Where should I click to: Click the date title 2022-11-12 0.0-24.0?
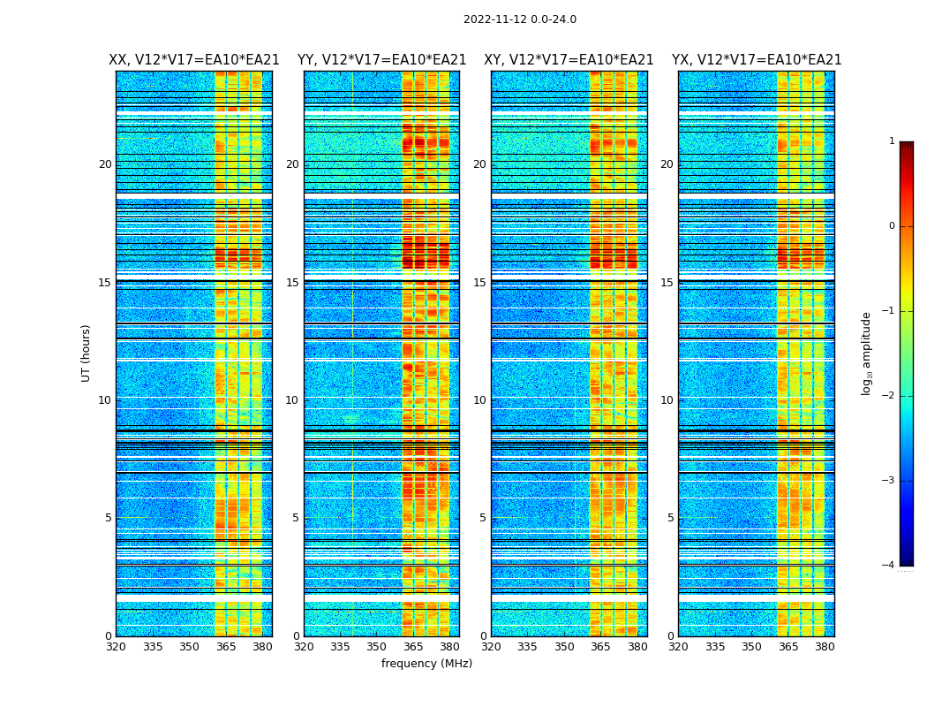pyautogui.click(x=519, y=19)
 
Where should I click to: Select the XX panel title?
pyautogui.click(x=194, y=60)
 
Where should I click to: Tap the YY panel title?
pyautogui.click(x=381, y=60)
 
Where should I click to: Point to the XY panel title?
pyautogui.click(x=569, y=60)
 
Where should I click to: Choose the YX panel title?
pyautogui.click(x=757, y=60)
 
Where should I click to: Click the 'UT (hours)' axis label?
pyautogui.click(x=87, y=353)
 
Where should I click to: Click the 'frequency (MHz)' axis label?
pyautogui.click(x=426, y=664)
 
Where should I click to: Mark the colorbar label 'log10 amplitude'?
pyautogui.click(x=867, y=353)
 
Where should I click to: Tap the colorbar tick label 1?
pyautogui.click(x=892, y=141)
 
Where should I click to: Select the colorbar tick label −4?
pyautogui.click(x=889, y=566)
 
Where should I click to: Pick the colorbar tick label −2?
pyautogui.click(x=889, y=396)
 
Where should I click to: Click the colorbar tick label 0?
pyautogui.click(x=892, y=226)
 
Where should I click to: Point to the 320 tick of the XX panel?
pyautogui.click(x=116, y=647)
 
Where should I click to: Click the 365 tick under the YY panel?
pyautogui.click(x=413, y=647)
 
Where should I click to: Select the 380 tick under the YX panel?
pyautogui.click(x=825, y=647)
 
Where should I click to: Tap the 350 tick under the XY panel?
pyautogui.click(x=564, y=647)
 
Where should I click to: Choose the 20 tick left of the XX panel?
pyautogui.click(x=105, y=164)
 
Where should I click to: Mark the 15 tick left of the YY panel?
pyautogui.click(x=292, y=283)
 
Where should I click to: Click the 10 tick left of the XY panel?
pyautogui.click(x=479, y=400)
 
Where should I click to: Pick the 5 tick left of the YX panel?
pyautogui.click(x=670, y=518)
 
